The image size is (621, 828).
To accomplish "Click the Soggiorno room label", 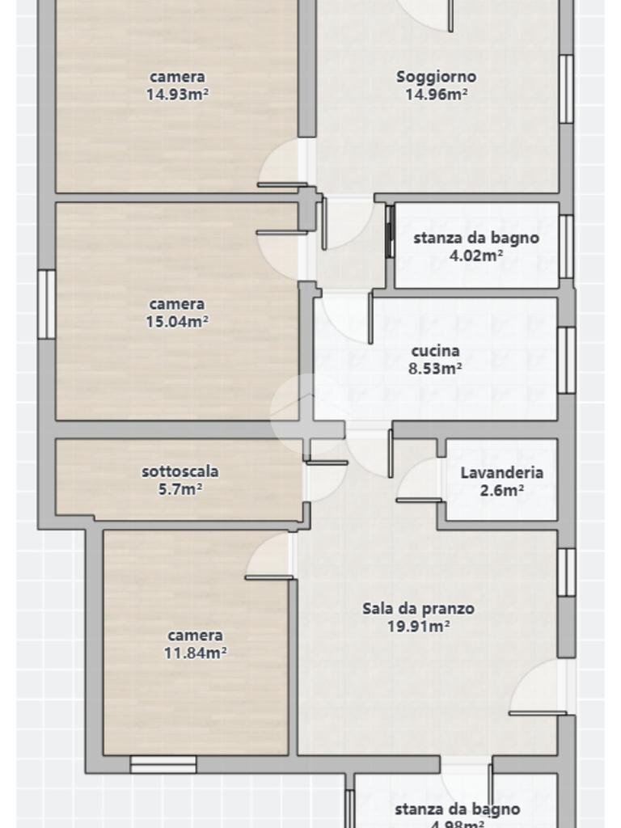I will (436, 77).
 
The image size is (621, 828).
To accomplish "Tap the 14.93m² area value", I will (177, 94).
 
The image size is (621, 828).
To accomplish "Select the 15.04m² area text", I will (177, 321).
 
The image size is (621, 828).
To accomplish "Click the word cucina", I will (435, 351).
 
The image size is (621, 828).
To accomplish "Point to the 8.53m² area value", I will (436, 368).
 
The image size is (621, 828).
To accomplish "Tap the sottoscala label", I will (180, 471).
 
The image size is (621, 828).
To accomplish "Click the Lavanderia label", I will (501, 473).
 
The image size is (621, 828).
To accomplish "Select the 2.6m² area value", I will (502, 489).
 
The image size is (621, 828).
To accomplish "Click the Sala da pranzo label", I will (418, 609).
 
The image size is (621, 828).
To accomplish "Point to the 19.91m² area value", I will (418, 625).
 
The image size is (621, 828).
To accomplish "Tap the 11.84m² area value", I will (195, 653).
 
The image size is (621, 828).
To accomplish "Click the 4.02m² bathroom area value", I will (475, 255).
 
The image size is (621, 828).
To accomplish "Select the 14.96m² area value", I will (436, 94).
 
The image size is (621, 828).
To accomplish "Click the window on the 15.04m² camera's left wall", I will (47, 304).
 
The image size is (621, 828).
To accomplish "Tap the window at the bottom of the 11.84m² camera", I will (163, 764).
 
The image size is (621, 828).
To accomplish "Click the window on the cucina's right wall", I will (567, 360).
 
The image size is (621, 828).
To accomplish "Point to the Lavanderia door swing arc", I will (416, 479).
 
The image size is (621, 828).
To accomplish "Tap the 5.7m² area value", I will (180, 488).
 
